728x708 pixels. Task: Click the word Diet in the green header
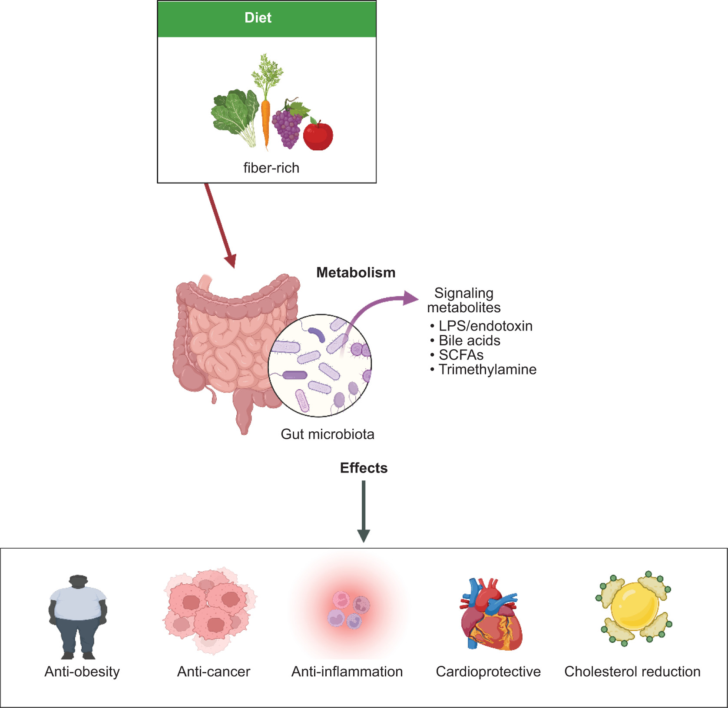click(258, 18)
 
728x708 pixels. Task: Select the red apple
click(318, 136)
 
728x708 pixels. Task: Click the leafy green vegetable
click(233, 113)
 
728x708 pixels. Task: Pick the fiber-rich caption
click(271, 168)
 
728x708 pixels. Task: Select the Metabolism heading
click(356, 272)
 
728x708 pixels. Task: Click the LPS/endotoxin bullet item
click(485, 326)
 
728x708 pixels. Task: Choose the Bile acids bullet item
click(469, 341)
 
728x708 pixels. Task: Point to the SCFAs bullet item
click(461, 355)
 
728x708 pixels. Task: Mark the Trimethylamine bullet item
click(487, 369)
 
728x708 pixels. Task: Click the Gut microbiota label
click(328, 434)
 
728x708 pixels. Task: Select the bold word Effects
click(364, 468)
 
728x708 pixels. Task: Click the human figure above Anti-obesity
click(78, 617)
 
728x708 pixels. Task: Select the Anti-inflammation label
click(347, 672)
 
